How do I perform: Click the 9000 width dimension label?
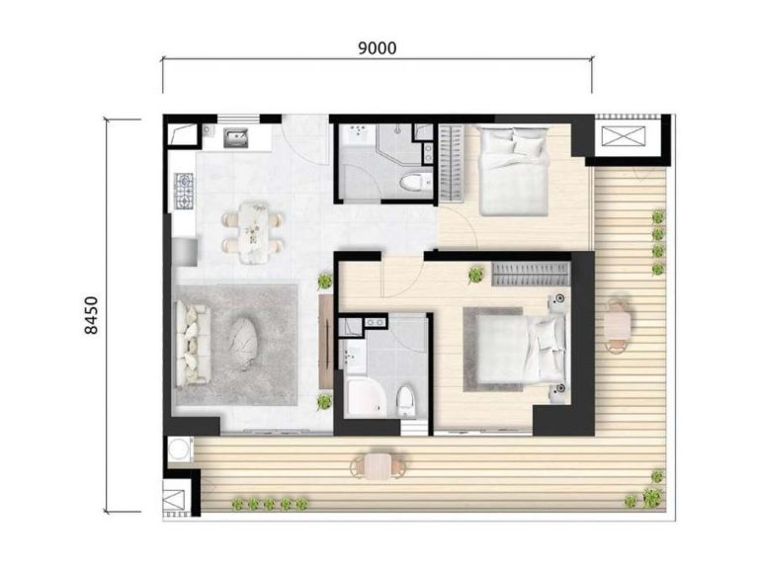click(378, 47)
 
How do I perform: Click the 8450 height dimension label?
click(91, 315)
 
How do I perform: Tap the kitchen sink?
click(235, 138)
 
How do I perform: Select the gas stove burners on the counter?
click(184, 191)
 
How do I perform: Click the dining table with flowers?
click(253, 233)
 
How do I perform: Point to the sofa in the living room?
click(193, 343)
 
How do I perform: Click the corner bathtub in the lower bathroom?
click(365, 397)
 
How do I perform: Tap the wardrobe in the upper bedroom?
click(451, 162)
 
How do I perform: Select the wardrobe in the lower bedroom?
click(531, 274)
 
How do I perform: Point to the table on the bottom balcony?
click(378, 466)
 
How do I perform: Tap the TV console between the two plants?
click(326, 342)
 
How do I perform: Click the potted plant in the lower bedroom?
click(476, 275)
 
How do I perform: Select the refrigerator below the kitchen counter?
click(184, 252)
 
